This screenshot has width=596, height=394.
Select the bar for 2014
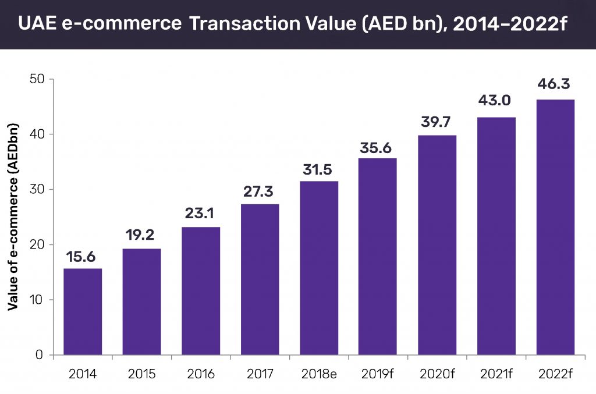pyautogui.click(x=82, y=311)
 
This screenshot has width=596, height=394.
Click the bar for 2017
pyautogui.click(x=260, y=279)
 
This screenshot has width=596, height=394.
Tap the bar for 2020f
pyautogui.click(x=437, y=245)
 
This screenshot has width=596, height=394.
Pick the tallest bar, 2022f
pyautogui.click(x=555, y=227)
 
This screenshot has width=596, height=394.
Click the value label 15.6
pyautogui.click(x=82, y=257)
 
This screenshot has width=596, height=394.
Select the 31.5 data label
pyautogui.click(x=318, y=169)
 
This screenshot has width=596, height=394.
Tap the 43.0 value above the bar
pyautogui.click(x=495, y=101)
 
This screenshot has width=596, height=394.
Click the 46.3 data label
pyautogui.click(x=555, y=83)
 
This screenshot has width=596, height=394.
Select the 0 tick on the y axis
pyautogui.click(x=40, y=355)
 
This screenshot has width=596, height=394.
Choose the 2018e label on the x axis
pyautogui.click(x=318, y=374)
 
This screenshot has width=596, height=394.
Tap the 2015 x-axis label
pyautogui.click(x=141, y=374)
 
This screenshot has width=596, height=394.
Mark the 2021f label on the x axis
pyautogui.click(x=495, y=374)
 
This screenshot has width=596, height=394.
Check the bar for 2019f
pyautogui.click(x=377, y=256)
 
